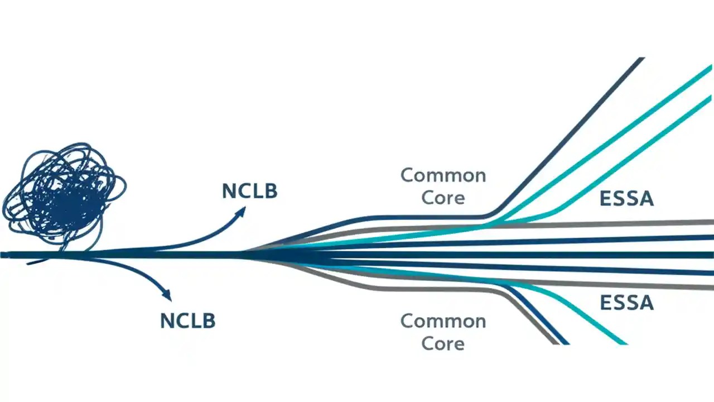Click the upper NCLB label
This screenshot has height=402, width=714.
249,191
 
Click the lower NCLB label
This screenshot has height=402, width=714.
187,321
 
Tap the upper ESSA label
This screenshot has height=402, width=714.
626,199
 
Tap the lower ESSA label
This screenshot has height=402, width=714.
626,303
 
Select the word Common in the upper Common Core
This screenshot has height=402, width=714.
443,175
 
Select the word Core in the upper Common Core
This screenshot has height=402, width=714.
443,198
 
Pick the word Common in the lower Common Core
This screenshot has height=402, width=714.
443,321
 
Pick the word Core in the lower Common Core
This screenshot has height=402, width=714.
443,343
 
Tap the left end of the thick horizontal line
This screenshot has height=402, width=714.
3,255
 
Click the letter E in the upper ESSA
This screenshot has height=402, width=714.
605,199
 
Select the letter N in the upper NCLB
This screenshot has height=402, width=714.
229,191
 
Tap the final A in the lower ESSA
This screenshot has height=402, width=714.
646,303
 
